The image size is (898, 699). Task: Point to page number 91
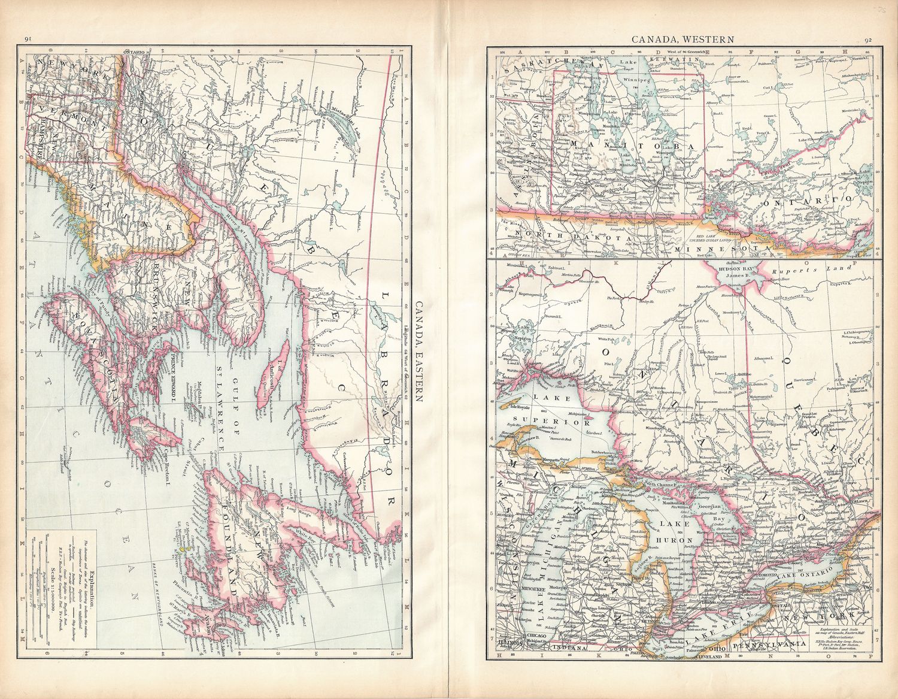pyautogui.click(x=28, y=40)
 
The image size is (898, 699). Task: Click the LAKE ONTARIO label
pyautogui.click(x=812, y=575)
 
